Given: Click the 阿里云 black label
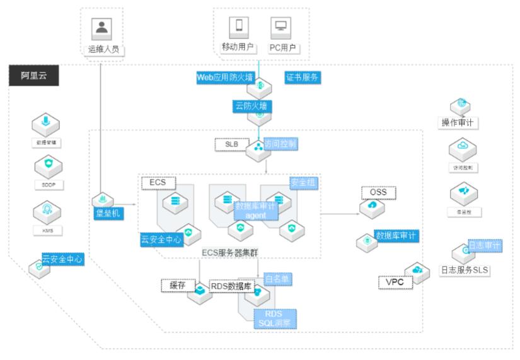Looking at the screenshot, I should point(32,76).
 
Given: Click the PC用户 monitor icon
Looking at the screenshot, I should point(280,26).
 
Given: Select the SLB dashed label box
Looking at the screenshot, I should point(232,144).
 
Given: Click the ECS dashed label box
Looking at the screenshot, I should point(158,183).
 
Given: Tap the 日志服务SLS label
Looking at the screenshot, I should point(465,270).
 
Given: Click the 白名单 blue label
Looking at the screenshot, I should point(278,279).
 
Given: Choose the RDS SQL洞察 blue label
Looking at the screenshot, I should point(275,318).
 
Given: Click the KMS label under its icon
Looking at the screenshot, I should point(48,231).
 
